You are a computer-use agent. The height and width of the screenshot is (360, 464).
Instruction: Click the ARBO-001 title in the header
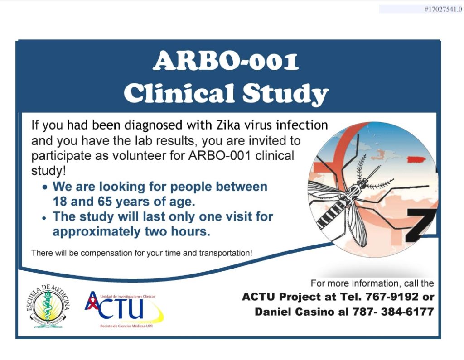pos(226,61)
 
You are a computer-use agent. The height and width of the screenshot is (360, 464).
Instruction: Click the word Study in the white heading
pos(285,94)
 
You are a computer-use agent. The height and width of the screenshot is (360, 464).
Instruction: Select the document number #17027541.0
pos(443,10)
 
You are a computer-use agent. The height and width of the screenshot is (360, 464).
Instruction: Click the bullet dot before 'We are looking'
pos(45,187)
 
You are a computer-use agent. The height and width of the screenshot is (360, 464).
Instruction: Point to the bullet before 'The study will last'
pos(45,218)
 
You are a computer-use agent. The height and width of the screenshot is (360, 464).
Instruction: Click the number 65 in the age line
pos(105,202)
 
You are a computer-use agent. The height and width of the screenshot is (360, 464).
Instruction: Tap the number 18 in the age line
pos(60,202)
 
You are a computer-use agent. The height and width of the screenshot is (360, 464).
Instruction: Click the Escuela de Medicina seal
pos(48,306)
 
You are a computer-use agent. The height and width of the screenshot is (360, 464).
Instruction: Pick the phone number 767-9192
pos(392,297)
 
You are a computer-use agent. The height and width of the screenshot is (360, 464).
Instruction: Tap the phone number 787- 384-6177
pos(393,312)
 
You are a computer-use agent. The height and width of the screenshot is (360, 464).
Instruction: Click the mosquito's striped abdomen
pos(331,215)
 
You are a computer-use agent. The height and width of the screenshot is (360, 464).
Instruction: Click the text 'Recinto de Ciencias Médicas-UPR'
pos(126,326)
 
